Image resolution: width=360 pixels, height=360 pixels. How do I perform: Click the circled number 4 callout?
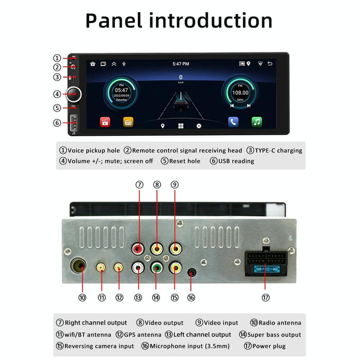click(x=57, y=94)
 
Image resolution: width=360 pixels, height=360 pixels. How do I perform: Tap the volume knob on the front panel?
click(x=74, y=94)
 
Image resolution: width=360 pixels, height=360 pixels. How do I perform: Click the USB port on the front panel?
click(x=74, y=123)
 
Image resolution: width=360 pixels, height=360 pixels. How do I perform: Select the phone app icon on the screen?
click(x=233, y=122)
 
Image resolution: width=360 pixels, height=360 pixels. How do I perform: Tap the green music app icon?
click(x=257, y=122)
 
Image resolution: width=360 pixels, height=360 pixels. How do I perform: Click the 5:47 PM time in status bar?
click(x=181, y=64)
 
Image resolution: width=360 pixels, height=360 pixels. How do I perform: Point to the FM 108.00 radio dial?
click(x=239, y=93)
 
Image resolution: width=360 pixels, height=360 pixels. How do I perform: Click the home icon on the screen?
click(x=93, y=64)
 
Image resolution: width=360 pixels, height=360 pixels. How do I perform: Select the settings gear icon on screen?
click(x=199, y=125)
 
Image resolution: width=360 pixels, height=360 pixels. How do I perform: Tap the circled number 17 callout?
click(x=265, y=297)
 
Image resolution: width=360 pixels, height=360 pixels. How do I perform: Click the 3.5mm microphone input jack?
click(x=191, y=273)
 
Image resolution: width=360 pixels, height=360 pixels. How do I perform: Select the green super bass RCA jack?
click(x=156, y=267)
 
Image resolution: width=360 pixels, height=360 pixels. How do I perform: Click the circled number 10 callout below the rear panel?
click(x=82, y=297)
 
